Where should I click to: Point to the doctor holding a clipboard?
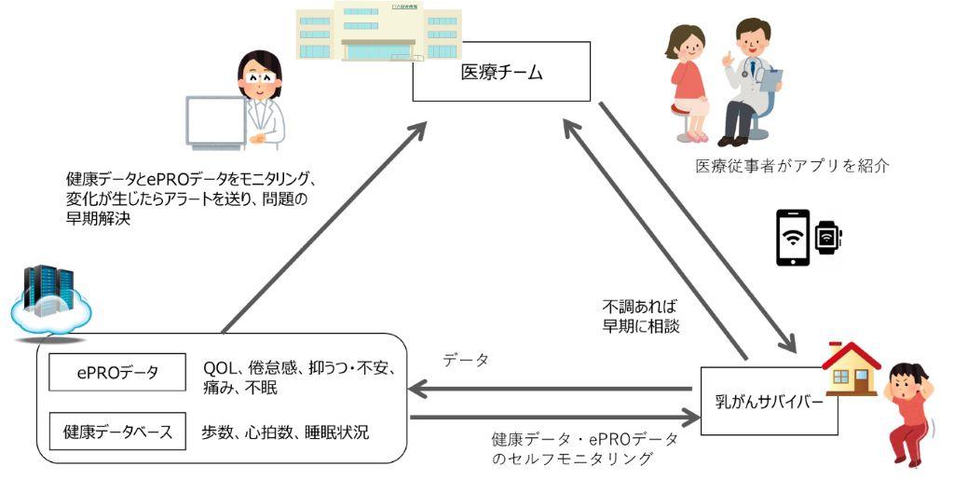(751, 79)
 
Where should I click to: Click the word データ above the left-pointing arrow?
(466, 361)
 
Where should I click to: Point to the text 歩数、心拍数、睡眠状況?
(285, 432)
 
